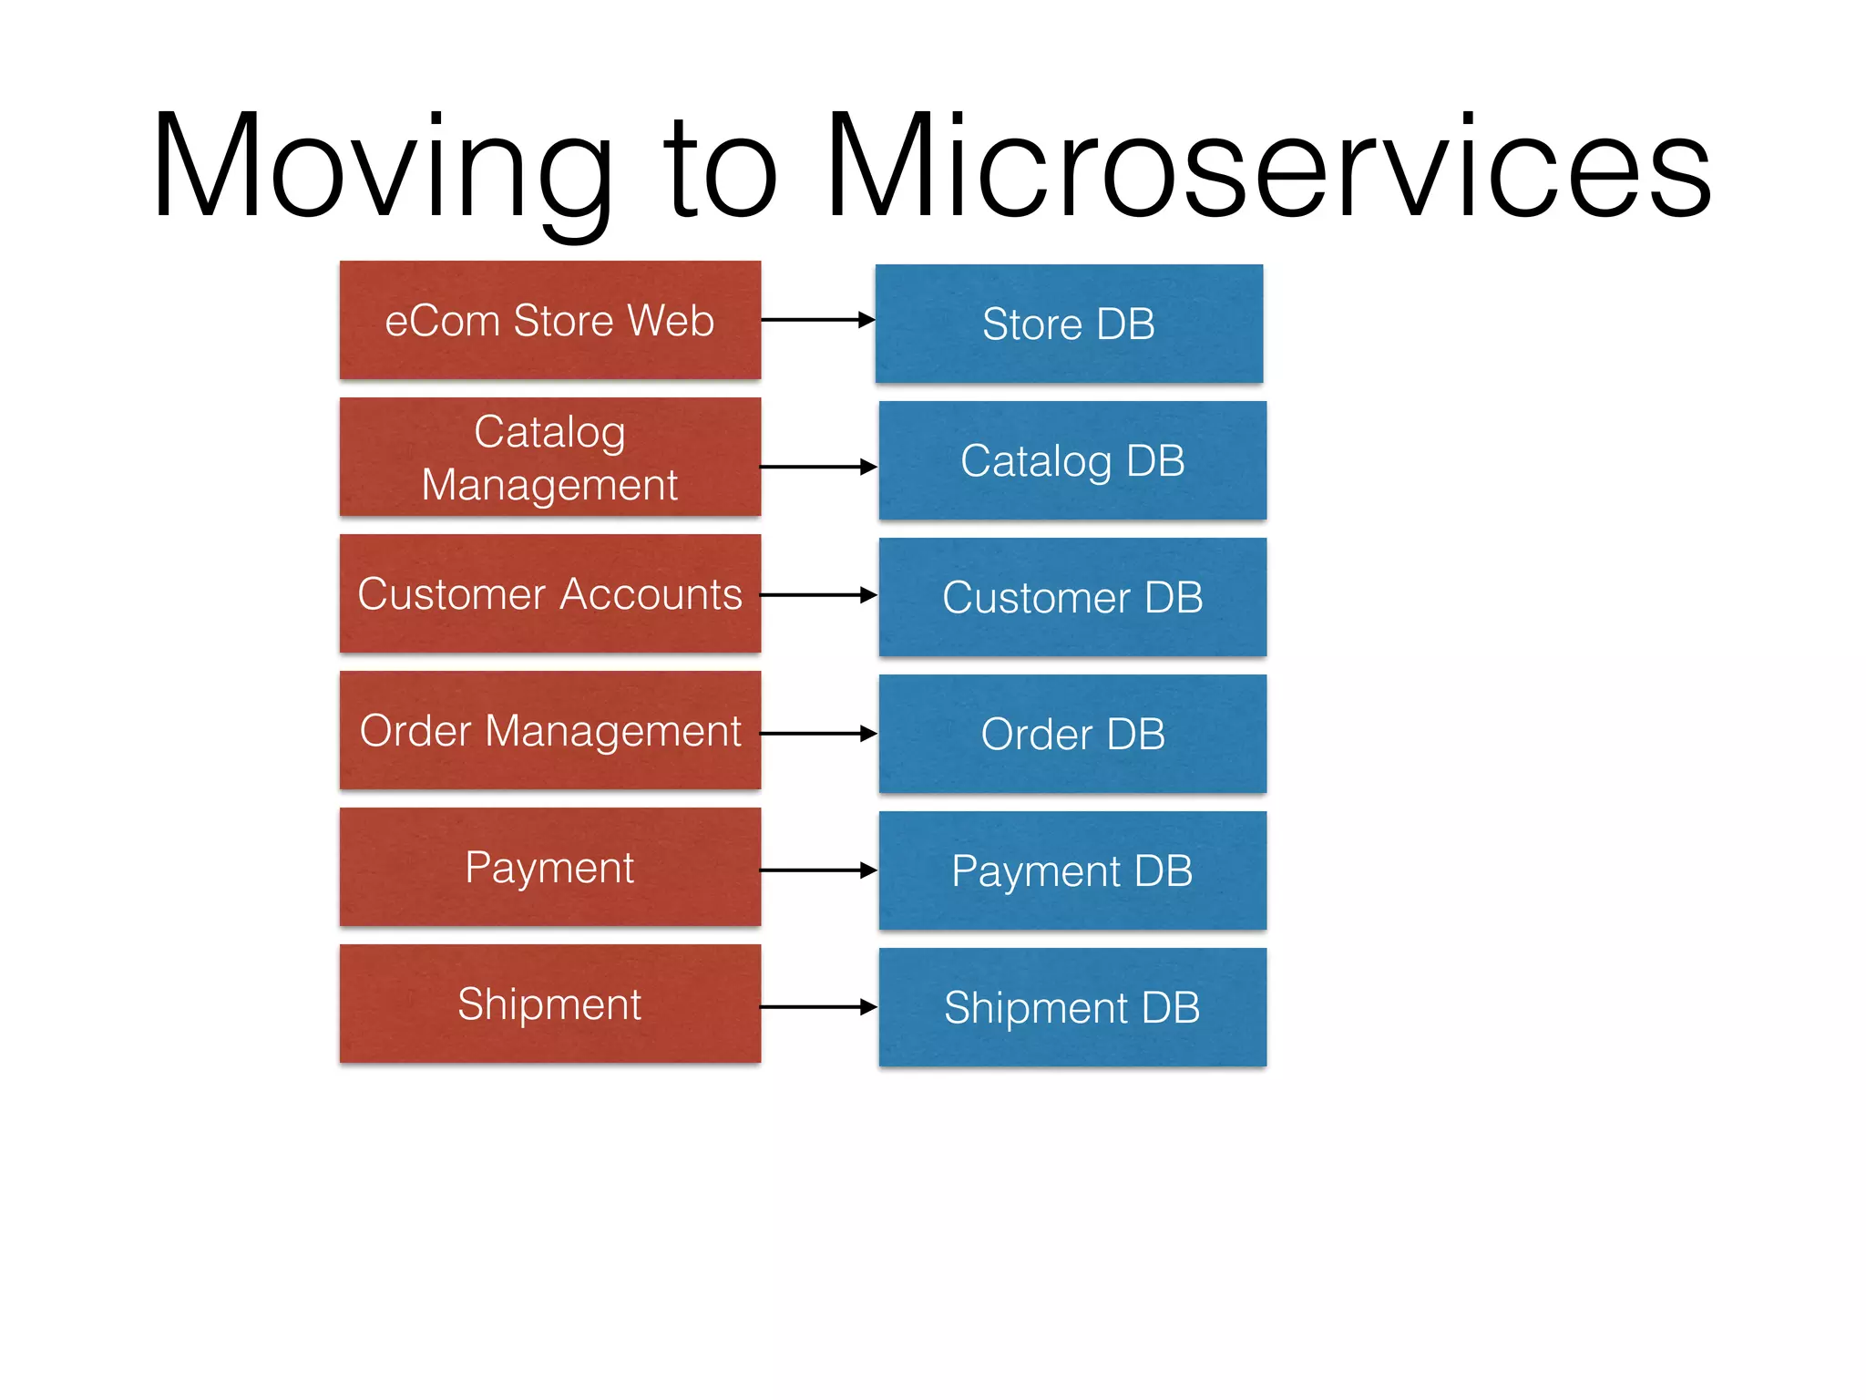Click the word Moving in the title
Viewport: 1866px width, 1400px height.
[x=383, y=169]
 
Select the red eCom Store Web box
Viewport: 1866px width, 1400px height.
[x=549, y=320]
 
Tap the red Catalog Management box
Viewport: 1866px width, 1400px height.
[x=549, y=457]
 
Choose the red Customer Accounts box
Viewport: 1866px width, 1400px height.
[x=549, y=593]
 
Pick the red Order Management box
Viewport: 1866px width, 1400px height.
[x=549, y=730]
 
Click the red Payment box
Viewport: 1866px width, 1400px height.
[x=549, y=867]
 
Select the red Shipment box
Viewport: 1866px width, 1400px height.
[x=549, y=1004]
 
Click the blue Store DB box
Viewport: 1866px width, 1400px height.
[x=1069, y=324]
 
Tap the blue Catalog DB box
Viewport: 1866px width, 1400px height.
[x=1072, y=460]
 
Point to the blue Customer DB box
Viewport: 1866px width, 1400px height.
[x=1072, y=597]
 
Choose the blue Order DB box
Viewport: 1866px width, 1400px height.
[x=1072, y=734]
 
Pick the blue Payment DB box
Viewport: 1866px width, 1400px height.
[x=1072, y=870]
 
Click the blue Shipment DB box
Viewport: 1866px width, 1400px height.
[x=1072, y=1007]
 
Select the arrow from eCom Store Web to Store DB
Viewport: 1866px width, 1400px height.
[x=817, y=320]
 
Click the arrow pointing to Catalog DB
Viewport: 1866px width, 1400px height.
[x=817, y=467]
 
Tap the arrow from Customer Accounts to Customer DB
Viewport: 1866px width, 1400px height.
[x=817, y=595]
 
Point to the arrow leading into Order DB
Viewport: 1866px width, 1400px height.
[x=817, y=733]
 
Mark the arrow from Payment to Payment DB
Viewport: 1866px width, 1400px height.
[x=817, y=870]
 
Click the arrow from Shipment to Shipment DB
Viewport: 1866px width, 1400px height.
[x=817, y=1007]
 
